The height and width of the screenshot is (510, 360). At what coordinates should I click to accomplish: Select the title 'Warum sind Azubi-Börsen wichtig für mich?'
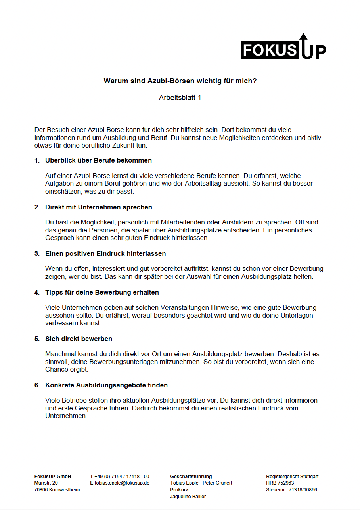180,81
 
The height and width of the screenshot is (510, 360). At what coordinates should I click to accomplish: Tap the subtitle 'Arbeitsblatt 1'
180,98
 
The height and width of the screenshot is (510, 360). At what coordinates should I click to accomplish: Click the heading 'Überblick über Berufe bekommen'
98,161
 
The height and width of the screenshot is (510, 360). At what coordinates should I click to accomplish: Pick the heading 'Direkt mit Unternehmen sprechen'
98,207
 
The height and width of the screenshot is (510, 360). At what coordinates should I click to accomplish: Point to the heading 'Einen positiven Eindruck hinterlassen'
105,254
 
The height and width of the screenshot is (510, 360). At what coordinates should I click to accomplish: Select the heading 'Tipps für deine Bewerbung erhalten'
102,293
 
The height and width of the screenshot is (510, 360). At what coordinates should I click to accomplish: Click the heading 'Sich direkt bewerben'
79,339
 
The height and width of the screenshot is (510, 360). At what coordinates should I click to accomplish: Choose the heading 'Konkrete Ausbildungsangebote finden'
106,385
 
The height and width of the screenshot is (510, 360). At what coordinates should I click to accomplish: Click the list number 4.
37,293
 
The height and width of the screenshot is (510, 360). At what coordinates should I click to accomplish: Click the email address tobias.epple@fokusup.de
122,483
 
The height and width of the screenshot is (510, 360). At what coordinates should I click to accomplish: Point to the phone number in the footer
122,477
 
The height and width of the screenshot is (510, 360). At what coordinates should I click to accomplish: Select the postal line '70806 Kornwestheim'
57,490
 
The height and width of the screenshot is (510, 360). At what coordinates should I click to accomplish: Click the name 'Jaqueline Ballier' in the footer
188,497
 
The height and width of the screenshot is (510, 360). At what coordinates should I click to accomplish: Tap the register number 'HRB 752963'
280,483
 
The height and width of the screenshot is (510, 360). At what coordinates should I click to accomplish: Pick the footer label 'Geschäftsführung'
191,477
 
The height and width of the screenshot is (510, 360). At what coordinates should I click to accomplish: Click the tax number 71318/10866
303,490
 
